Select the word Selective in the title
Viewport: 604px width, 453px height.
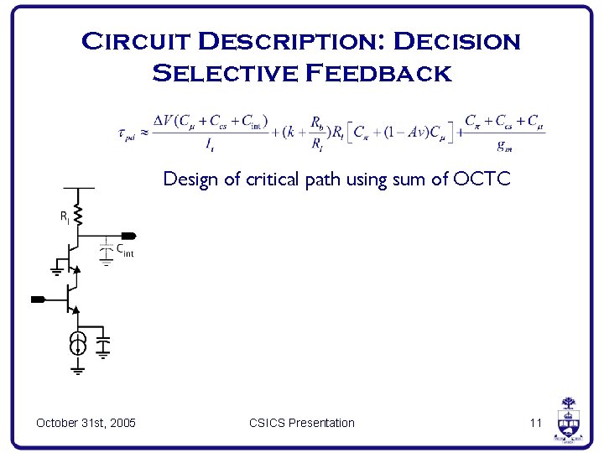(x=225, y=73)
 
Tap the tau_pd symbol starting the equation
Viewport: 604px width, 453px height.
(x=128, y=134)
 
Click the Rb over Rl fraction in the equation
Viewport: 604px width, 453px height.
(x=316, y=133)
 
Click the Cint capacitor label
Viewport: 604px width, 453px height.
(x=124, y=249)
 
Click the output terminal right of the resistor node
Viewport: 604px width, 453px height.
(x=128, y=236)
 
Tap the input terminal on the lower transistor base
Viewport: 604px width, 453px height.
(x=38, y=299)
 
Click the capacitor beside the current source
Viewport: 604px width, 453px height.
(x=103, y=345)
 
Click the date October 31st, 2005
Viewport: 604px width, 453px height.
(x=86, y=423)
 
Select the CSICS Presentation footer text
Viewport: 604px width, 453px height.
(x=301, y=423)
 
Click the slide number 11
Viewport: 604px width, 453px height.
(x=536, y=423)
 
